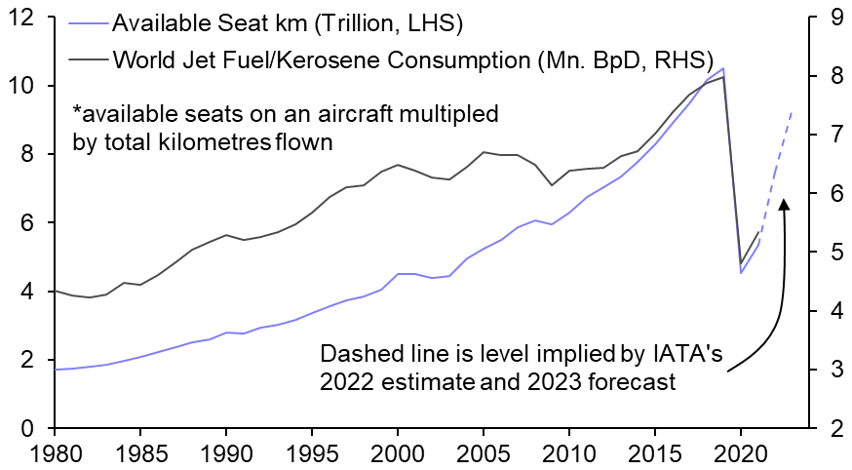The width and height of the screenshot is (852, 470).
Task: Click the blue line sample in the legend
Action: [87, 22]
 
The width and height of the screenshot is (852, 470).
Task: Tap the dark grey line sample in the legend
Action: [87, 59]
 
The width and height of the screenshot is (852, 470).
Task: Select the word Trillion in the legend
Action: [324, 22]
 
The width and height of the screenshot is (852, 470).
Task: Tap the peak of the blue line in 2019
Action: [722, 68]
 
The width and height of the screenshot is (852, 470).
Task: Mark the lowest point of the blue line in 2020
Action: [741, 272]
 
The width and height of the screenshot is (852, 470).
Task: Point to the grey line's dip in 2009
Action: [553, 185]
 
